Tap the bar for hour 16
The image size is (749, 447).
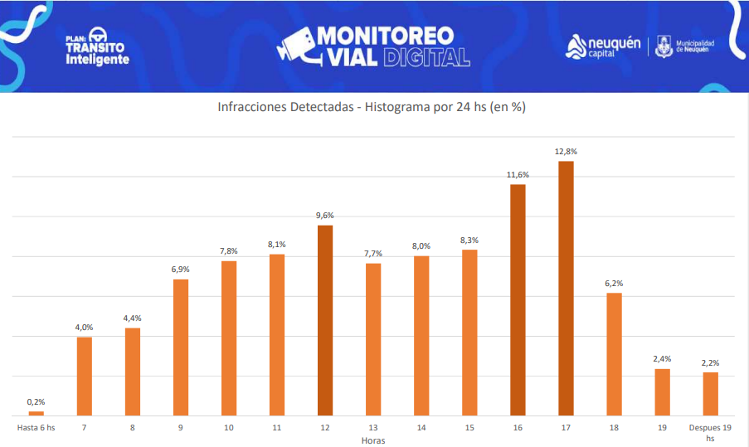point(518,299)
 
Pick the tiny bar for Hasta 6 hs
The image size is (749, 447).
point(36,413)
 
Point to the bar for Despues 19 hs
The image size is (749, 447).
point(710,394)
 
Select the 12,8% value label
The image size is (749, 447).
point(566,152)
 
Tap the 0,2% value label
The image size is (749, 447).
point(36,402)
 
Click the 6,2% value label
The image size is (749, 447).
point(614,284)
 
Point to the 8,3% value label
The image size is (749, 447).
point(469,241)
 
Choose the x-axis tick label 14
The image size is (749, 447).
point(421,428)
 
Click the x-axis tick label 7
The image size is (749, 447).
point(85,428)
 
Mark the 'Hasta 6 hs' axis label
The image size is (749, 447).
point(36,428)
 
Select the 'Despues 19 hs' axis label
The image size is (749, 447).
point(710,433)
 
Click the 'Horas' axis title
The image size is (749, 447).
point(373,440)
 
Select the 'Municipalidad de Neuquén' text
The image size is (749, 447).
point(695,46)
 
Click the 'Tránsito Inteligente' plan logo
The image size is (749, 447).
point(97,50)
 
